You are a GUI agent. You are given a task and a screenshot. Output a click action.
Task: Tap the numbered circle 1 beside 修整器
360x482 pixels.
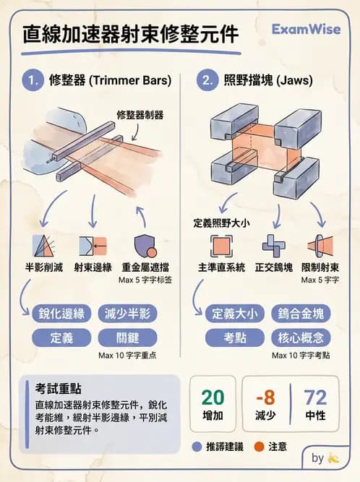[x=33, y=81]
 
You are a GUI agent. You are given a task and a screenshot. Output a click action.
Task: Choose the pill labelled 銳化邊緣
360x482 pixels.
[x=61, y=314]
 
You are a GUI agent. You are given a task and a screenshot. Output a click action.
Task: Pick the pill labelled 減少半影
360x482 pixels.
[x=127, y=314]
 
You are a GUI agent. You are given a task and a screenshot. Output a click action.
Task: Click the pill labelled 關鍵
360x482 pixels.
[x=127, y=337]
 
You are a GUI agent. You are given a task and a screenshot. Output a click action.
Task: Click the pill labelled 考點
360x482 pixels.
[x=233, y=337]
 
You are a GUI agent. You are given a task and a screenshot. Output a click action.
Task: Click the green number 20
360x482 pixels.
[x=213, y=397]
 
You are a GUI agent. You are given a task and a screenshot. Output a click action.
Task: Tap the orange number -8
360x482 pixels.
[x=265, y=397]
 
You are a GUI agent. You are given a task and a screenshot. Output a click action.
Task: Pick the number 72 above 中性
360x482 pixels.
[x=315, y=397]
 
